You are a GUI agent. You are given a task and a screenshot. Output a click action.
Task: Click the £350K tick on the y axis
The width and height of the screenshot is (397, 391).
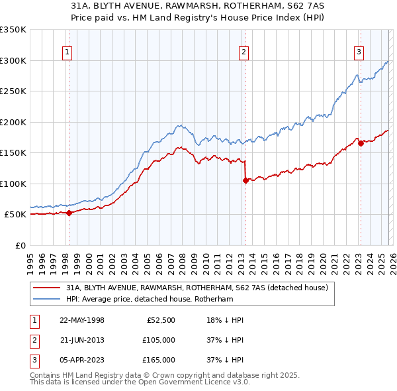[x=13, y=30]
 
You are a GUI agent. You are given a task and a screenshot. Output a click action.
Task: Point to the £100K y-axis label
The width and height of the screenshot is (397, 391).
[x=13, y=184]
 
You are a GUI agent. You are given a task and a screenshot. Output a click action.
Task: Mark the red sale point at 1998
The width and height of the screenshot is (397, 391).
[x=69, y=213]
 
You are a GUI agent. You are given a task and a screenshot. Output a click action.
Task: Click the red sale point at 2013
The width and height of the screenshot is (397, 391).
[x=245, y=180]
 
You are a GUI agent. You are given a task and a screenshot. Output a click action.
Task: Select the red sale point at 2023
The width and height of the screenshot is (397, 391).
[x=361, y=143]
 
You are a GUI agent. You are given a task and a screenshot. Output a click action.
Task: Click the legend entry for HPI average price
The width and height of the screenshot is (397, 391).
[x=159, y=299]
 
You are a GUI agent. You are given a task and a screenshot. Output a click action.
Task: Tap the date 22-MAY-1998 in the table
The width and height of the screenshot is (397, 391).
[x=82, y=320]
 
